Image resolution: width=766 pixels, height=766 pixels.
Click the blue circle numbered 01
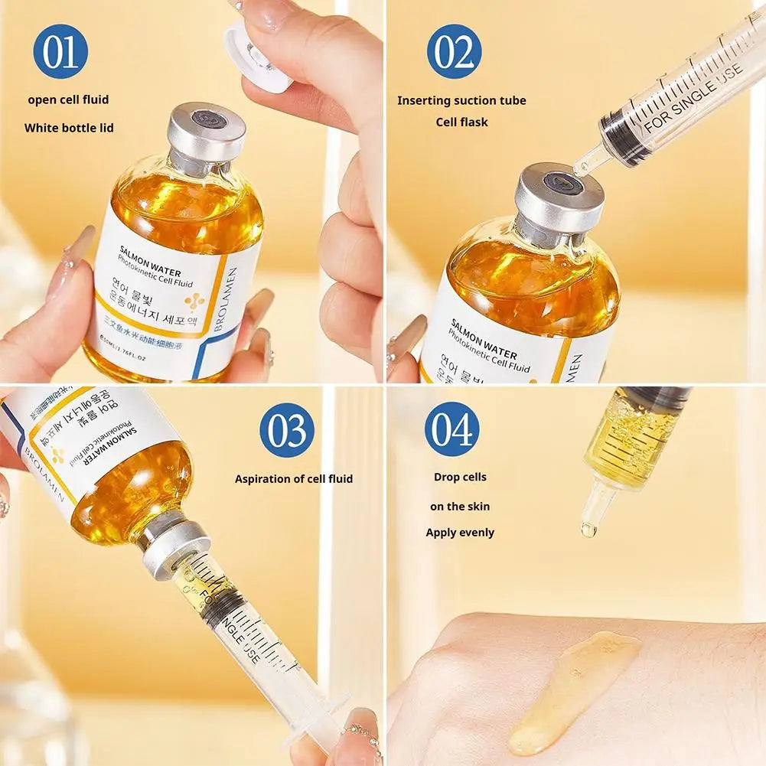[60, 51]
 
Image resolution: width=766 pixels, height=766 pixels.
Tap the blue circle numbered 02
[454, 51]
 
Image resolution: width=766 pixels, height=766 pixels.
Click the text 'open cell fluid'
[68, 99]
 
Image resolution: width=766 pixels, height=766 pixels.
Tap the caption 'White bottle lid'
[69, 128]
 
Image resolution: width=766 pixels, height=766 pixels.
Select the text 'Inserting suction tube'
[461, 100]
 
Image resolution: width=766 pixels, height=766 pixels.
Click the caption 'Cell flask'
[461, 122]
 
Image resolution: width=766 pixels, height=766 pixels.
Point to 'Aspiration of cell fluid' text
[294, 479]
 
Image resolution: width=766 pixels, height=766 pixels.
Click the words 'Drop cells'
[460, 477]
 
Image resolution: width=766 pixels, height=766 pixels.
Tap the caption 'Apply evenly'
[460, 533]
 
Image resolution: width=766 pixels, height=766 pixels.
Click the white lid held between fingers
[256, 54]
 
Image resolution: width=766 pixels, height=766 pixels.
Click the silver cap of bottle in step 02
[559, 198]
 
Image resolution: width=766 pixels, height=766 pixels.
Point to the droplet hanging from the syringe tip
[588, 529]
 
